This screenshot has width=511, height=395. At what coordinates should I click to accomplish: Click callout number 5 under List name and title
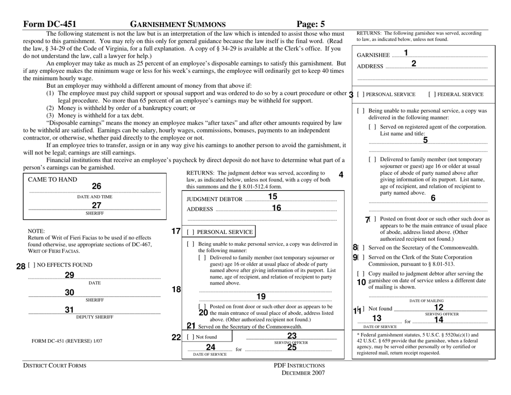click(425, 141)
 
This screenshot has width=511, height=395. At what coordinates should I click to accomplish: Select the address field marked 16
click(276, 208)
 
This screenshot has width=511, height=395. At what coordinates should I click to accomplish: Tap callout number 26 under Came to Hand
click(96, 186)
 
